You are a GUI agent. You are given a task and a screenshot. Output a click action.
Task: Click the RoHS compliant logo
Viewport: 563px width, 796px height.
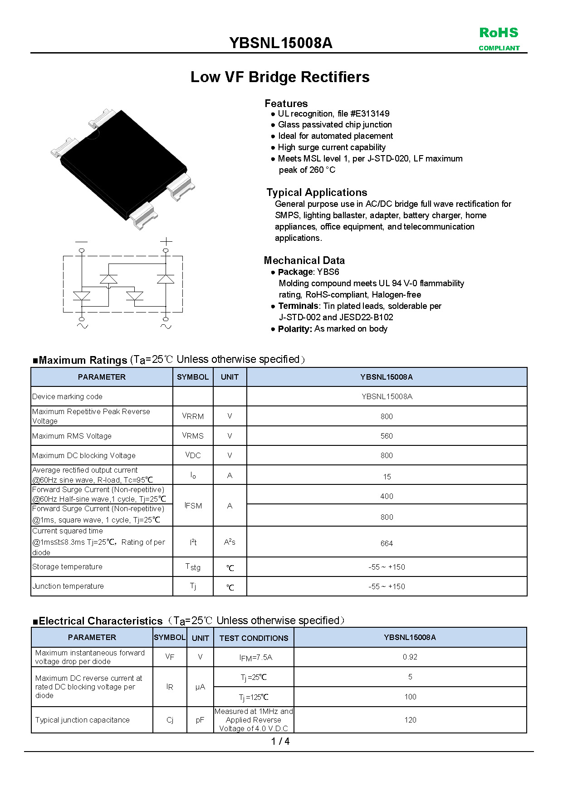[499, 39]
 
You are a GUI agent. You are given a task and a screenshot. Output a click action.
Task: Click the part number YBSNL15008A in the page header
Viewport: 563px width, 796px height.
[281, 43]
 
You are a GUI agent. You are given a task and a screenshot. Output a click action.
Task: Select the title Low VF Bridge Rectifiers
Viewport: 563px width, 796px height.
[280, 77]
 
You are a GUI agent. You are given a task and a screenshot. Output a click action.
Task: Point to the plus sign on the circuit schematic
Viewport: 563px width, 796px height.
[166, 241]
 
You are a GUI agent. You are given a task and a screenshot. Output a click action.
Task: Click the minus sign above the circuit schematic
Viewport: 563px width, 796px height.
[82, 241]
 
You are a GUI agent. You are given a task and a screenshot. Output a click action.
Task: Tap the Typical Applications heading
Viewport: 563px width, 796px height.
[317, 192]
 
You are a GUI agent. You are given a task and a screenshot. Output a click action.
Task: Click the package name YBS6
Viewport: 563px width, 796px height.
[328, 272]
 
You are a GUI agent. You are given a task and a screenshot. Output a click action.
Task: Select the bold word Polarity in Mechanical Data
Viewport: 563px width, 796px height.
[295, 329]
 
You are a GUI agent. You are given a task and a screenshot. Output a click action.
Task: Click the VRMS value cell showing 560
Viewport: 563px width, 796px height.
[387, 436]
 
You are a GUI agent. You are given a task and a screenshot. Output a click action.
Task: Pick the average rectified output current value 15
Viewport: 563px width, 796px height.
[387, 477]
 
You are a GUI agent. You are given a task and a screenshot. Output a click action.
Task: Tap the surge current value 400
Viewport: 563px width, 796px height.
[387, 496]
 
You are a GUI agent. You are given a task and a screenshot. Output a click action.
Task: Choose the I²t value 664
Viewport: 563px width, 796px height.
[387, 543]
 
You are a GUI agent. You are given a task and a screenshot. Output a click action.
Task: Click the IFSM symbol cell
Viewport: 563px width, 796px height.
[193, 506]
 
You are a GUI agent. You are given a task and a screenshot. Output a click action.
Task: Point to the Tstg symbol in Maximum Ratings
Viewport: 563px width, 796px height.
[193, 567]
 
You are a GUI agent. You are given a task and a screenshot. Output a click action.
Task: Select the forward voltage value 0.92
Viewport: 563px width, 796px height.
[410, 657]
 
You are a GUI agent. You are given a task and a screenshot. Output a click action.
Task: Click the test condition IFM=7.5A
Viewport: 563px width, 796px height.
[256, 658]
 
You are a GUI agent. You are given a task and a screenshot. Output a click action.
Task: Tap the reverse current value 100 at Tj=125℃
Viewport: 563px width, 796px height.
[410, 697]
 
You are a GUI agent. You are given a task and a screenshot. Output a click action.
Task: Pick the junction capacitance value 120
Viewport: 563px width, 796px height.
[410, 720]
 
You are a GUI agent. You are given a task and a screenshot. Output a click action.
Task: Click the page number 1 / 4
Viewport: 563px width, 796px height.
[280, 742]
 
